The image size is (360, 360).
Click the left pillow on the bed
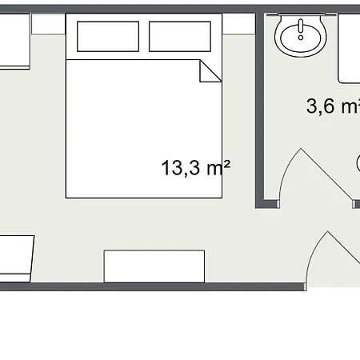108,36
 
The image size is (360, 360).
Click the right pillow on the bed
180,36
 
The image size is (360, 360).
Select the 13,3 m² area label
196,168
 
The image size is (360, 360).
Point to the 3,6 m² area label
334,106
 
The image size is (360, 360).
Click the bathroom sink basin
301,38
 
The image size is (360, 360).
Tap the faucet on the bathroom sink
301,26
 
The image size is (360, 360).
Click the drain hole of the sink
301,38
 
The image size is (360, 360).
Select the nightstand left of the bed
48,24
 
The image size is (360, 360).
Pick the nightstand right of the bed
238,24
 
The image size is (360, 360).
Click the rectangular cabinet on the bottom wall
154,266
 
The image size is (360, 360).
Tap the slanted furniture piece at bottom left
16,258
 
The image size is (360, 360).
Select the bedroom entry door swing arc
314,254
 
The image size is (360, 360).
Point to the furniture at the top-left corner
14,42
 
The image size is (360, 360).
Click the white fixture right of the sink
349,48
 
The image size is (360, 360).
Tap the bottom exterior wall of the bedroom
152,287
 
